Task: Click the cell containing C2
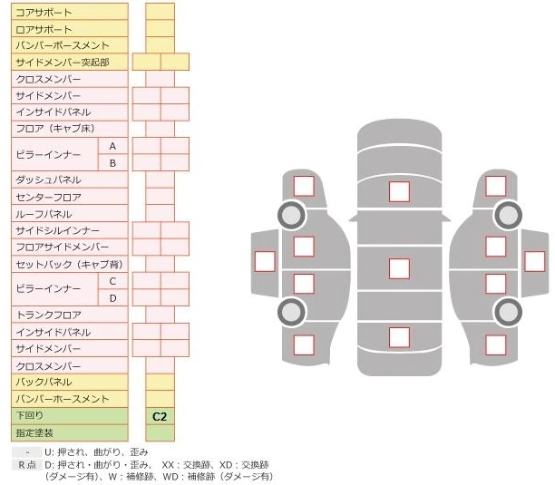click(x=161, y=416)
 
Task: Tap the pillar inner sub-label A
click(x=112, y=146)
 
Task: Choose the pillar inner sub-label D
click(x=112, y=297)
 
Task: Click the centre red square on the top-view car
click(x=399, y=268)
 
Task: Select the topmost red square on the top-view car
click(x=399, y=191)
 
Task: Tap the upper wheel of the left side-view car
click(x=291, y=216)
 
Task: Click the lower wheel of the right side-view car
click(x=508, y=313)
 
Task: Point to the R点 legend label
click(x=27, y=464)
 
